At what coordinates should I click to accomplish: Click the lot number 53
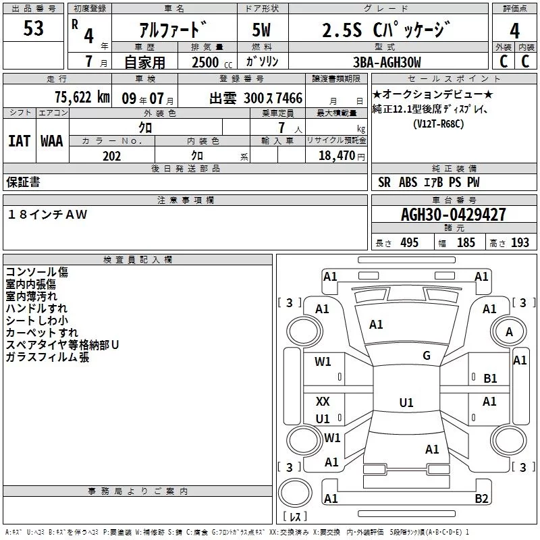click(33, 28)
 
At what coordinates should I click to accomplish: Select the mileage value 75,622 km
click(82, 97)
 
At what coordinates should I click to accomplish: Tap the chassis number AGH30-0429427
click(454, 215)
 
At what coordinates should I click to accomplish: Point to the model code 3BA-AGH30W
click(387, 62)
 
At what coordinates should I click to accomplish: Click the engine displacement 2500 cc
click(212, 62)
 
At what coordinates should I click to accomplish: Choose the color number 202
click(111, 156)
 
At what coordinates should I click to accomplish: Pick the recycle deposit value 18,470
click(336, 155)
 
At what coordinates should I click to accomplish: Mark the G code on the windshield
click(427, 355)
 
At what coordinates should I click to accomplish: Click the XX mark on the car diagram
click(323, 401)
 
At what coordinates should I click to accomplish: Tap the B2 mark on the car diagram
click(481, 498)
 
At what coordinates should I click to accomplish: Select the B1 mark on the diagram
click(490, 379)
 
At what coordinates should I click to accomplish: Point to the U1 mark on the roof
click(406, 402)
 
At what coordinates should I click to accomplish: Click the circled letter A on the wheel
click(509, 332)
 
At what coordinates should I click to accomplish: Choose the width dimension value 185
click(466, 242)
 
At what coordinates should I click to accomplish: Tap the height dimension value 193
click(520, 242)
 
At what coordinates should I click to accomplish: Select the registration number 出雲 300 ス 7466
click(256, 98)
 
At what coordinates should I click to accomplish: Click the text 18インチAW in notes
click(47, 214)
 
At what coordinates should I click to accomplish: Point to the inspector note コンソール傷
click(37, 272)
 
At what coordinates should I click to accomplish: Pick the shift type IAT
click(20, 141)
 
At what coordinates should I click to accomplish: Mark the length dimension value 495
click(410, 242)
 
